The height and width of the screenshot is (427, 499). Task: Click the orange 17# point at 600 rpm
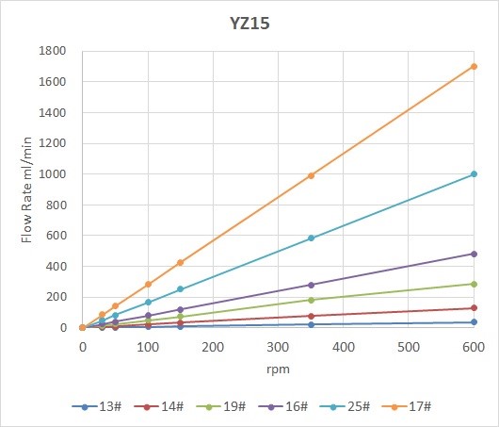(x=474, y=67)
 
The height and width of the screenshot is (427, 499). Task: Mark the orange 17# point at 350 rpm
(x=311, y=175)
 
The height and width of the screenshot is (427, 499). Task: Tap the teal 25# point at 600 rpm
(x=474, y=174)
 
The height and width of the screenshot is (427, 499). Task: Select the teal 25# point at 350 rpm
(x=311, y=238)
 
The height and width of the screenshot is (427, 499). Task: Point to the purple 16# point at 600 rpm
(x=474, y=254)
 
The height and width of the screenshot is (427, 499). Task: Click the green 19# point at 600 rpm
(x=474, y=284)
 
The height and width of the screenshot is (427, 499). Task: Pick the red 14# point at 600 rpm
(x=474, y=308)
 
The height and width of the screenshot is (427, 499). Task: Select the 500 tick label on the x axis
(x=409, y=346)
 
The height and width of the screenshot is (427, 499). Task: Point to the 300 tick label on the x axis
(x=278, y=346)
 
